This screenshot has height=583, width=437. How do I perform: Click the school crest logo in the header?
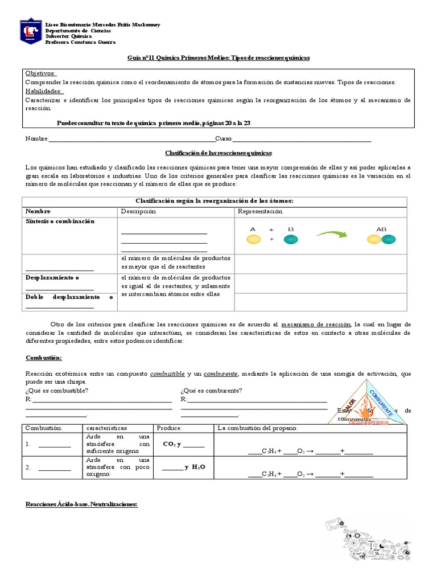click(x=31, y=32)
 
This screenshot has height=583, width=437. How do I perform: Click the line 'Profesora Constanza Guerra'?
click(x=80, y=42)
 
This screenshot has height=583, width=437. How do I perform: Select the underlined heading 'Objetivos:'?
click(x=40, y=73)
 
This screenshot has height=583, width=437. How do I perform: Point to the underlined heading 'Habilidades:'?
click(x=44, y=91)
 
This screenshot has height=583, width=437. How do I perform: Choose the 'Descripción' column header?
click(x=138, y=211)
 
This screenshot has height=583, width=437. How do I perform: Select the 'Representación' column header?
click(x=260, y=211)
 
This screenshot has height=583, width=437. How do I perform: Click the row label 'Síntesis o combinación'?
click(x=60, y=221)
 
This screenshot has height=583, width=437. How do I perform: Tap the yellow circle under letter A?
click(x=253, y=240)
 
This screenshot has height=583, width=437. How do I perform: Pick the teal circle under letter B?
click(x=290, y=240)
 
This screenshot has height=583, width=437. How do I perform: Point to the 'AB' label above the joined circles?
click(x=381, y=229)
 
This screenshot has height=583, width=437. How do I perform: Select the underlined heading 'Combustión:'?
click(x=44, y=358)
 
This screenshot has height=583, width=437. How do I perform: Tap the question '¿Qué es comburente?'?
click(x=211, y=390)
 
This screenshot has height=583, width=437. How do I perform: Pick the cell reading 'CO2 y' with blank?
click(x=183, y=445)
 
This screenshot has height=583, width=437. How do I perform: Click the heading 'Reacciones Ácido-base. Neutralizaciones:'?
click(x=82, y=504)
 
